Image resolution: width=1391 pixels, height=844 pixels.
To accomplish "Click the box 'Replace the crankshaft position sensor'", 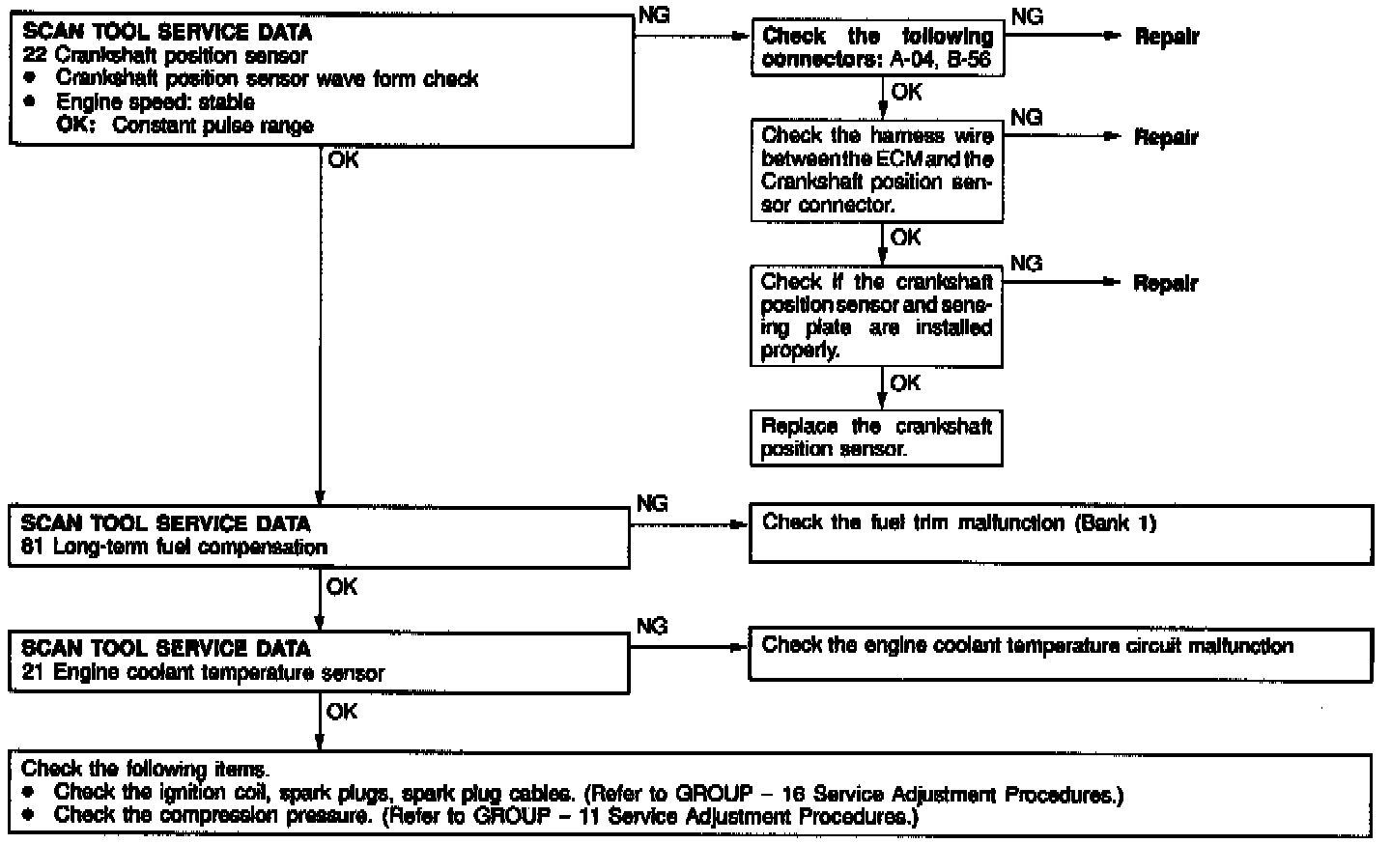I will tap(876, 437).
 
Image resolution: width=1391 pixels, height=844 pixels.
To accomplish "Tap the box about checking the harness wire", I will tap(877, 170).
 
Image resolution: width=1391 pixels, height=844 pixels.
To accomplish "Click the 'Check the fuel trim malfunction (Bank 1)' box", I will tap(1061, 534).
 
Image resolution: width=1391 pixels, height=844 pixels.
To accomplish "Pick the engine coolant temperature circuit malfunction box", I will tap(1061, 656).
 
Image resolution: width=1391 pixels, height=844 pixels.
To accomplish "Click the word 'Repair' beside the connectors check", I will tap(1166, 38).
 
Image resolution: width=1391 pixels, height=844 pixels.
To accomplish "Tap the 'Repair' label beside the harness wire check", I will tap(1166, 137).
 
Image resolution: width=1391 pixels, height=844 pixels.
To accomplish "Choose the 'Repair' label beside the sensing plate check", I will tap(1166, 284).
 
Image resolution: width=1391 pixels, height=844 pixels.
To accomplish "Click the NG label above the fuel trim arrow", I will tap(653, 504).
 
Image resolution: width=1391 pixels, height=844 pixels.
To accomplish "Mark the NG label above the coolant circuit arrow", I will tap(653, 627).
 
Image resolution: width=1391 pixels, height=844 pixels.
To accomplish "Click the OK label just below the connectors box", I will tap(907, 93).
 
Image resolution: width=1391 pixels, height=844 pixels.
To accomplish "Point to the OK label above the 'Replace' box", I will tap(905, 383).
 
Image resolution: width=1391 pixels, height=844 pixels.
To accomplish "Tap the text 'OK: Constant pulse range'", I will tap(185, 126).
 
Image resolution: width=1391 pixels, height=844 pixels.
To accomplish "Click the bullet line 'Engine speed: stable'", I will tap(155, 102).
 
